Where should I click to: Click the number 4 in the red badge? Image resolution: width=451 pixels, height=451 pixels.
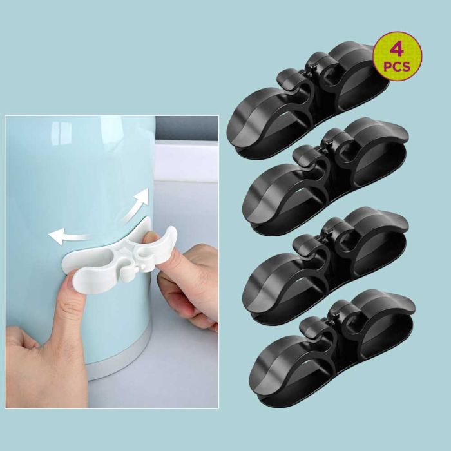[x=398, y=49]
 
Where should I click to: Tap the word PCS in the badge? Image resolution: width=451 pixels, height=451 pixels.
[x=398, y=66]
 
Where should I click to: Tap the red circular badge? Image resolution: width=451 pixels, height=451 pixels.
[x=398, y=56]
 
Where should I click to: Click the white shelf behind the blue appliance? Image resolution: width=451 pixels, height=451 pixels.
[x=187, y=161]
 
